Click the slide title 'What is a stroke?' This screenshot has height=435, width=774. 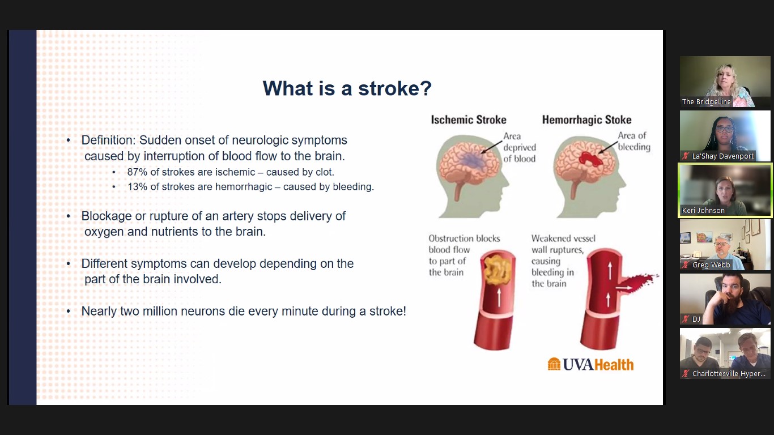pyautogui.click(x=347, y=88)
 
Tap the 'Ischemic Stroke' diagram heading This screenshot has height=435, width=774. pyautogui.click(x=469, y=120)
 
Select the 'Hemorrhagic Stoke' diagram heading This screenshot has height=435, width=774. pyautogui.click(x=586, y=120)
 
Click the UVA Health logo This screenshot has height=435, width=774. pyautogui.click(x=591, y=365)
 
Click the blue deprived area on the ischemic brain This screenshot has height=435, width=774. pyautogui.click(x=473, y=160)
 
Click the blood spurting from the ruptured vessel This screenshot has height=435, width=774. pyautogui.click(x=639, y=283)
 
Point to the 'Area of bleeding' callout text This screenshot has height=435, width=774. pyautogui.click(x=634, y=141)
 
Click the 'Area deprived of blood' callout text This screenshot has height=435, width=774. pyautogui.click(x=520, y=147)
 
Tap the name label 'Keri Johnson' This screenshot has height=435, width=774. pyautogui.click(x=703, y=210)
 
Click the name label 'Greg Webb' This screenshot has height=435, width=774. pyautogui.click(x=711, y=265)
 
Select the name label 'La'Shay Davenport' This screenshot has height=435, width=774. pyautogui.click(x=723, y=156)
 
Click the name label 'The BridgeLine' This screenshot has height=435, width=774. pyautogui.click(x=706, y=102)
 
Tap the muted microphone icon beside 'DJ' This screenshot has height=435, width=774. pyautogui.click(x=686, y=319)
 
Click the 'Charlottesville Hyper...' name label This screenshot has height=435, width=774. pyautogui.click(x=729, y=373)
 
